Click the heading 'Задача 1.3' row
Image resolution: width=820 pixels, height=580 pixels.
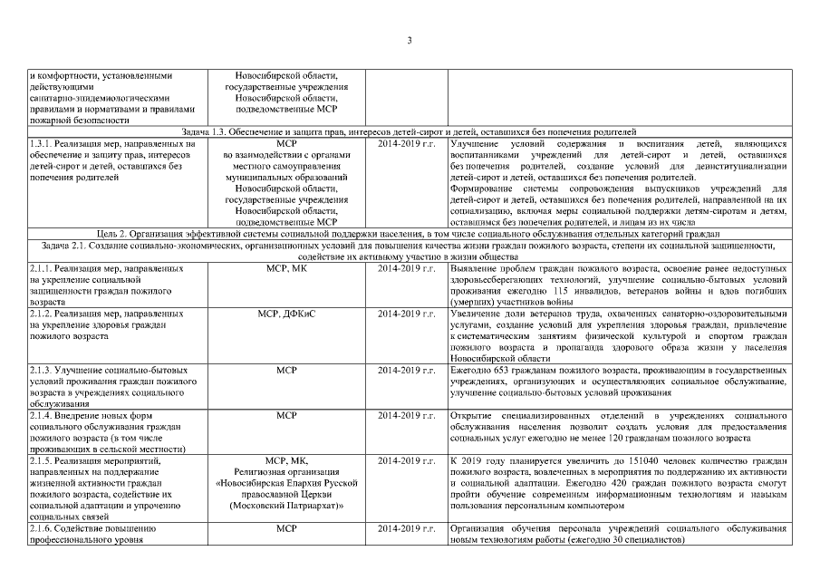(x=410, y=131)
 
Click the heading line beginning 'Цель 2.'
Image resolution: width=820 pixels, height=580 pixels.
(x=410, y=234)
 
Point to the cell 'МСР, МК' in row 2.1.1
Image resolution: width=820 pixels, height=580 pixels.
(x=286, y=269)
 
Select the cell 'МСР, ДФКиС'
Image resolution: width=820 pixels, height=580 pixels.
(x=286, y=314)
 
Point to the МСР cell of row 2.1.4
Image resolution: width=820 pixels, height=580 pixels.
(x=286, y=415)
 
